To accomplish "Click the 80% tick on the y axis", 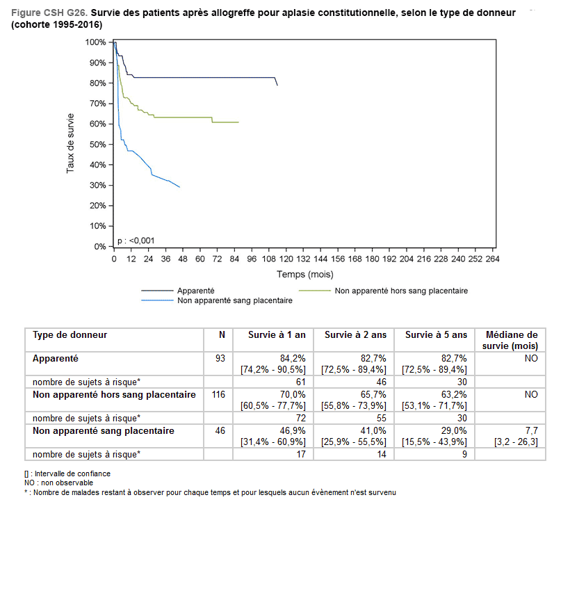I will point(96,83).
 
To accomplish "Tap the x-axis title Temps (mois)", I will point(304,275).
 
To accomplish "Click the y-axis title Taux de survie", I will point(70,143).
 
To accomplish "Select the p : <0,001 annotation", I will point(136,241).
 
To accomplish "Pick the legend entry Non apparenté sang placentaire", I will point(235,301).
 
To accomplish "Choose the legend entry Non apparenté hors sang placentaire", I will point(401,291).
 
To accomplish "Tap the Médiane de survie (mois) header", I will point(512,340).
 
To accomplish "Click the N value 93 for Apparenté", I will point(221,357).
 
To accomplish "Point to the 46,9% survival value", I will point(293,431).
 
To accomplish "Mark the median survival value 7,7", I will point(531,431).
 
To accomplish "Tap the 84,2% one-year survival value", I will point(293,357).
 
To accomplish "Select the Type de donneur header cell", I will point(70,335).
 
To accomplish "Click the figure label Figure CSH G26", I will point(49,13).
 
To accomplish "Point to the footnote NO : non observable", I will point(58,483).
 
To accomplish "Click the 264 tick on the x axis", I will point(493,259).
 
